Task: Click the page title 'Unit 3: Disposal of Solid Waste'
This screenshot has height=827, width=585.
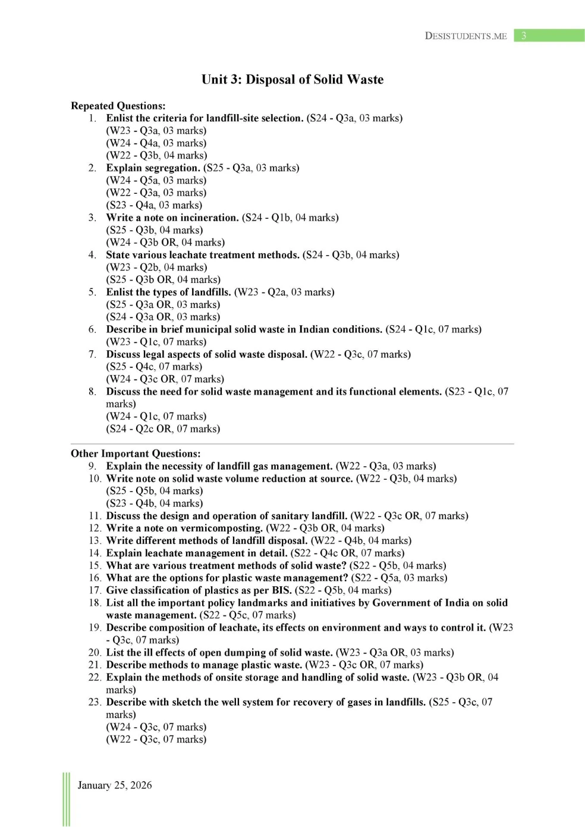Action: tap(292, 80)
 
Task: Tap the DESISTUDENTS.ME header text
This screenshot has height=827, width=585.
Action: tap(466, 36)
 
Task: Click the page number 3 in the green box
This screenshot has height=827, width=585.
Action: tap(524, 36)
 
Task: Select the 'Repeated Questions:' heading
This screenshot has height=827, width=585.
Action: tap(118, 106)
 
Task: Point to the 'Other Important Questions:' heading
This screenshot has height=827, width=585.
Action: tap(136, 454)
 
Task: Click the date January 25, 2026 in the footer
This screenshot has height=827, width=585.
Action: tap(115, 785)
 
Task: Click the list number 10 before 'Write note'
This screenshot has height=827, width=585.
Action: tap(95, 479)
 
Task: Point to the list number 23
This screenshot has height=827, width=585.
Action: tap(95, 702)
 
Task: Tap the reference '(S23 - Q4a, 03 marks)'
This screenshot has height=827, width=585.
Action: tap(154, 205)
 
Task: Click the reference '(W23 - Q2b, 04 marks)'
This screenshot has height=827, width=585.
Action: tap(156, 267)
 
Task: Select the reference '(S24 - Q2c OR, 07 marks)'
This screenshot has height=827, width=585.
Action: tap(163, 429)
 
